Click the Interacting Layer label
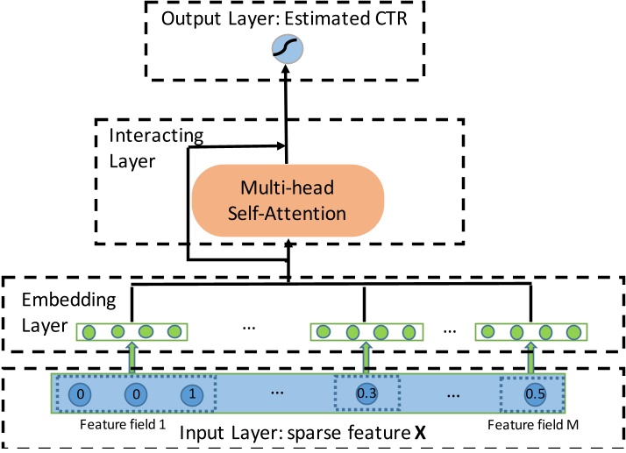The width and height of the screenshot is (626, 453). click(x=156, y=150)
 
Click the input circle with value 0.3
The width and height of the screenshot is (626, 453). click(x=365, y=394)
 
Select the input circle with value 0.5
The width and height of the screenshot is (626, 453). click(x=533, y=394)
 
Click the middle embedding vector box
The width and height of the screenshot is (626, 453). click(x=366, y=333)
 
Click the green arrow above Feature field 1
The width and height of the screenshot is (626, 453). click(x=132, y=357)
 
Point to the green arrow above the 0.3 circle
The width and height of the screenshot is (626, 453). click(x=366, y=357)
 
